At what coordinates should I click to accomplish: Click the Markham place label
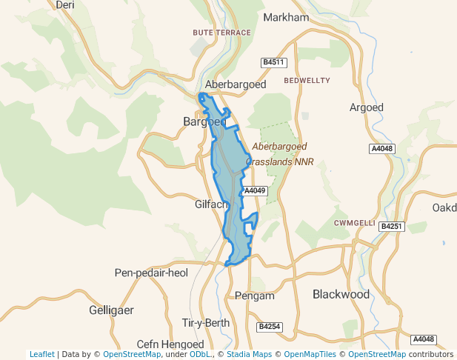(x=285, y=17)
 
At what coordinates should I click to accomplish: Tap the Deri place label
(x=65, y=4)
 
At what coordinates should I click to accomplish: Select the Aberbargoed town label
(x=236, y=84)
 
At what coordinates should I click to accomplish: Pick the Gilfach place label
(x=210, y=204)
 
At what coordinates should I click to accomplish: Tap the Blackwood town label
(x=341, y=294)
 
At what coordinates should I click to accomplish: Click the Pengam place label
(x=254, y=296)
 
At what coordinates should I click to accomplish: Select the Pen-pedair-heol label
(x=152, y=273)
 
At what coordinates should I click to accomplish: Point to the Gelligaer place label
(x=111, y=310)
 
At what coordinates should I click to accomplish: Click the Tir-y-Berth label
(x=206, y=323)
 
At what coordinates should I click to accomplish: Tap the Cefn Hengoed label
(x=170, y=344)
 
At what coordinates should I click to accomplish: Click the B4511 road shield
(x=274, y=62)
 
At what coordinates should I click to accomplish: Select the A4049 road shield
(x=254, y=190)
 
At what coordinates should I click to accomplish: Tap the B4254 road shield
(x=270, y=326)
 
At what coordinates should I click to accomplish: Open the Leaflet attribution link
(x=41, y=355)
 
